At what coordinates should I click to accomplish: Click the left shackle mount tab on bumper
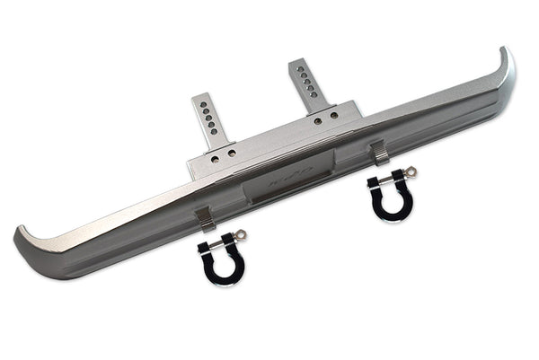[206, 216]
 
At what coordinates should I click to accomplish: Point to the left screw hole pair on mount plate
[225, 154]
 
